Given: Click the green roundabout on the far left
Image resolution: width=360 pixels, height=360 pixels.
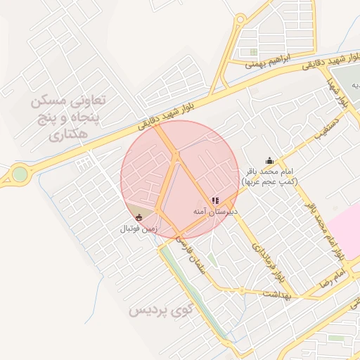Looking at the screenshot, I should pos(20,173).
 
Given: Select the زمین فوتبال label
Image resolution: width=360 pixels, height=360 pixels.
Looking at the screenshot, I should pos(138,229).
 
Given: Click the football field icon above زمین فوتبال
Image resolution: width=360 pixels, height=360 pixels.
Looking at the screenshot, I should pos(139,217).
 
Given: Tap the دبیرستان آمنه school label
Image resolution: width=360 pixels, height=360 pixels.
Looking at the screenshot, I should pos(217,211).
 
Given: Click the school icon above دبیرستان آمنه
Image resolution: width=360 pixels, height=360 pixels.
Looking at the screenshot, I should pos(216,201).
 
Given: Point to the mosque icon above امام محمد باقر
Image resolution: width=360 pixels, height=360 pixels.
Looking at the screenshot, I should pos(269,161).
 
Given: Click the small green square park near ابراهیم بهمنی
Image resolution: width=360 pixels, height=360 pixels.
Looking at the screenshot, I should pos(253,51).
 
